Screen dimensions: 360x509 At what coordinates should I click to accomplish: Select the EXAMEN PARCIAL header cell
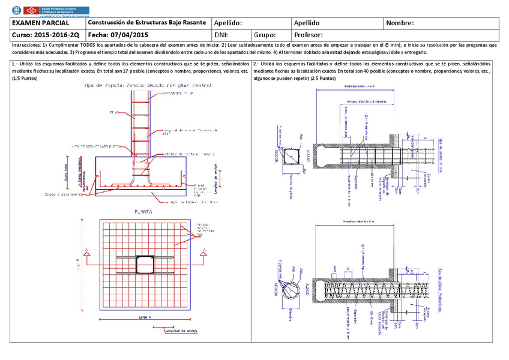38,23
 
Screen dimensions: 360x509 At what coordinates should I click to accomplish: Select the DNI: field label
221,35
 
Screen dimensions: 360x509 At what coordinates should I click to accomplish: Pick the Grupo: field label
265,35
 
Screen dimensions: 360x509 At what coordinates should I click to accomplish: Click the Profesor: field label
309,35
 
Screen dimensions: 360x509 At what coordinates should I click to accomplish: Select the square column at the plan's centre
145,265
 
